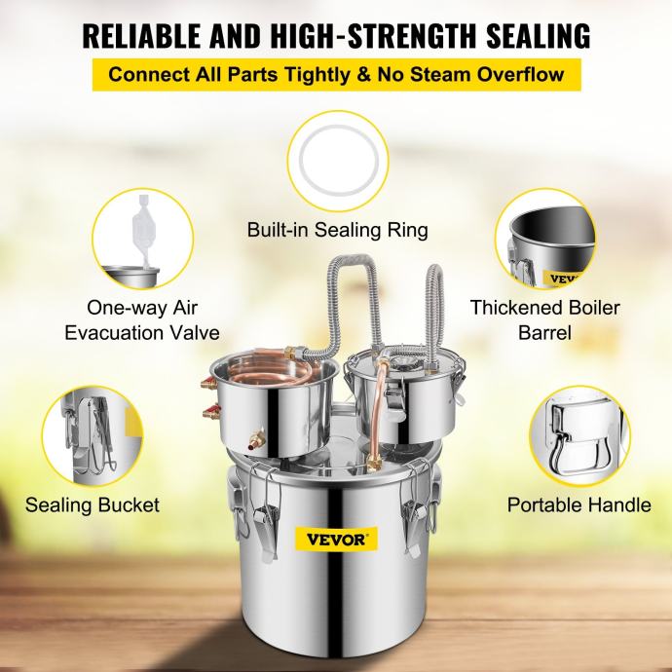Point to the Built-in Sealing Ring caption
[x=336, y=231]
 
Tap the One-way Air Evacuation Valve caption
[x=142, y=319]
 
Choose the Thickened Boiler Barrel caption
[x=544, y=319]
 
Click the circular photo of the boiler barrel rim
[x=545, y=238]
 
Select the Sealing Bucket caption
[x=93, y=505]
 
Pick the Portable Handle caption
[x=579, y=505]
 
